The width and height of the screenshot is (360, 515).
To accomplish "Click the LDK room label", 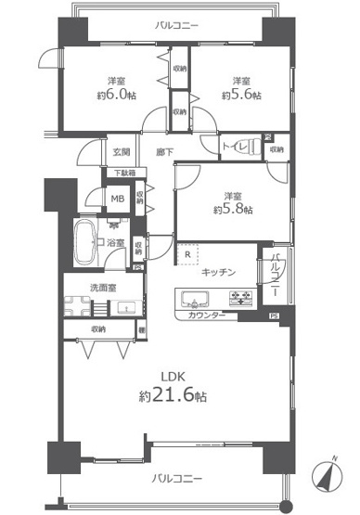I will click(x=174, y=378).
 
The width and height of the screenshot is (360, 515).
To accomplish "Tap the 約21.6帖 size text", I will click(x=175, y=395).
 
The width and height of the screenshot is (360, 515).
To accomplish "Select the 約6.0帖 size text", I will click(x=111, y=94).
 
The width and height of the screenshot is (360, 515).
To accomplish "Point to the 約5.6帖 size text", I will click(x=241, y=94).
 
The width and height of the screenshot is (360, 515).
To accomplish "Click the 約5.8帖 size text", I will click(x=232, y=210).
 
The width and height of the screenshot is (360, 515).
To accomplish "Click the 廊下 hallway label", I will click(x=165, y=151).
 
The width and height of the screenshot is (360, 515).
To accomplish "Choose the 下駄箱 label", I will click(x=123, y=173).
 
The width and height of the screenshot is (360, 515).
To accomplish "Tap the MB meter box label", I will click(x=118, y=198).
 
